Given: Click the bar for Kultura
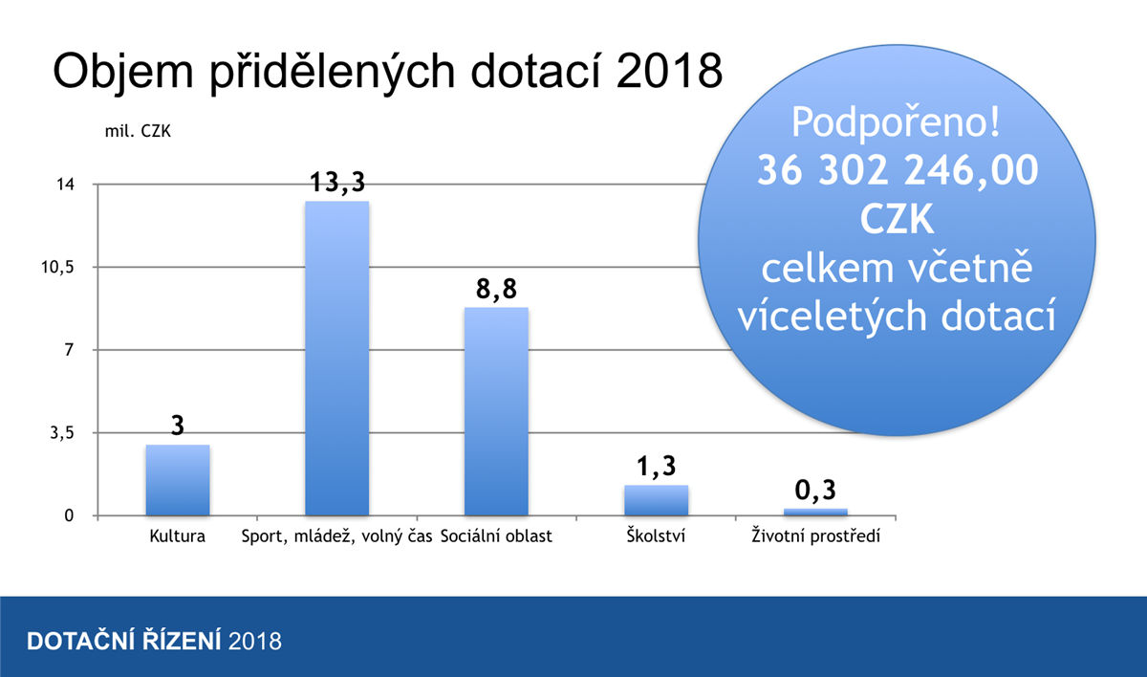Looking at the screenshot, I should pyautogui.click(x=178, y=480).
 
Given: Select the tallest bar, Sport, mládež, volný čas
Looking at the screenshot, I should pyautogui.click(x=336, y=359).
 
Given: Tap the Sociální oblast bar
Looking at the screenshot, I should pyautogui.click(x=496, y=411).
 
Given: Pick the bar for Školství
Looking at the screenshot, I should pyautogui.click(x=656, y=500).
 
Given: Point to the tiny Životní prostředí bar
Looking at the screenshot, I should pyautogui.click(x=815, y=512).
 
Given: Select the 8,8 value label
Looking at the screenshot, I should pyautogui.click(x=496, y=289).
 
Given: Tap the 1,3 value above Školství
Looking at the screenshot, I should pyautogui.click(x=656, y=467).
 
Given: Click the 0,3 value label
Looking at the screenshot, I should pyautogui.click(x=815, y=491).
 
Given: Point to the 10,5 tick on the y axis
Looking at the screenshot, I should pyautogui.click(x=56, y=268).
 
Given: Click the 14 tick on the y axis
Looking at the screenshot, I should pyautogui.click(x=65, y=185).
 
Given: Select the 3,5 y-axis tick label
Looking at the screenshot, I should pyautogui.click(x=60, y=433).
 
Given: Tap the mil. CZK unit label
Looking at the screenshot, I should pyautogui.click(x=137, y=131).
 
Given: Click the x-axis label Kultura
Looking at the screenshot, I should pyautogui.click(x=178, y=536).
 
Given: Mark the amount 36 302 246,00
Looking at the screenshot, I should pyautogui.click(x=897, y=172).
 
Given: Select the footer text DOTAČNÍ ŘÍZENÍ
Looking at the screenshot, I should pyautogui.click(x=124, y=641).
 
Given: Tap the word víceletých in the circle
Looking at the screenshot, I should pyautogui.click(x=834, y=317).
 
